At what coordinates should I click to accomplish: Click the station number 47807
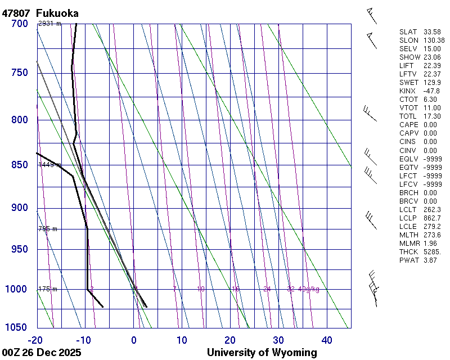pyautogui.click(x=16, y=13)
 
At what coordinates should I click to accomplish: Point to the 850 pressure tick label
pyautogui.click(x=19, y=165)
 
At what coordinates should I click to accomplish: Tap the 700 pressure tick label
pyautogui.click(x=19, y=24)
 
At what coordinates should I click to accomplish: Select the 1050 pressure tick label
pyautogui.click(x=16, y=327)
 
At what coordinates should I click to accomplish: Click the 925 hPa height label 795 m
pyautogui.click(x=47, y=229)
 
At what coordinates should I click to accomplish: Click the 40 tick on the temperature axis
pyautogui.click(x=327, y=340)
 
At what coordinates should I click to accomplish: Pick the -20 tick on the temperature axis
pyautogui.click(x=36, y=340)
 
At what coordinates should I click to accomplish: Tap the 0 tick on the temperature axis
pyautogui.click(x=134, y=340)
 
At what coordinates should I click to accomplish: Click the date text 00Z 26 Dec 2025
pyautogui.click(x=42, y=353)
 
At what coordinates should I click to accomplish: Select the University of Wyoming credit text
pyautogui.click(x=262, y=353)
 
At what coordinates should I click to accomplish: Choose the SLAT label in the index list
pyautogui.click(x=408, y=32)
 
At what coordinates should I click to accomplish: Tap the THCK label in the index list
pyautogui.click(x=408, y=251)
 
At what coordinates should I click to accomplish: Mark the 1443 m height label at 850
pyautogui.click(x=49, y=165)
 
